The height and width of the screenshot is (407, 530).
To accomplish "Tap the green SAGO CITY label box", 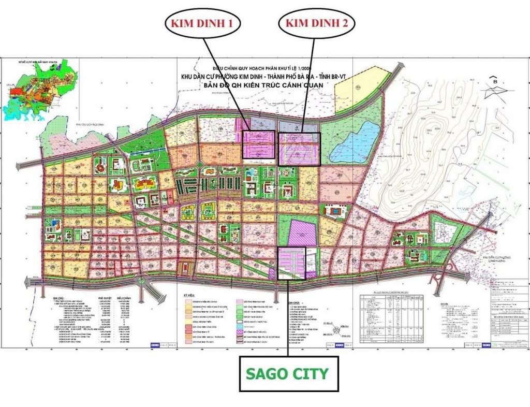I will pyautogui.click(x=288, y=373).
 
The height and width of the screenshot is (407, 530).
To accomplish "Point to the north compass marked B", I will pyautogui.click(x=494, y=88).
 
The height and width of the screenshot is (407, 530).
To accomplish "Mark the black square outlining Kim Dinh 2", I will pyautogui.click(x=299, y=149).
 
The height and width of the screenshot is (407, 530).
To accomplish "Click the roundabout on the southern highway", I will pyautogui.click(x=141, y=280).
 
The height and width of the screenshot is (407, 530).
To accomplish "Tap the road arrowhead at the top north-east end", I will pyautogui.click(x=402, y=66).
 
